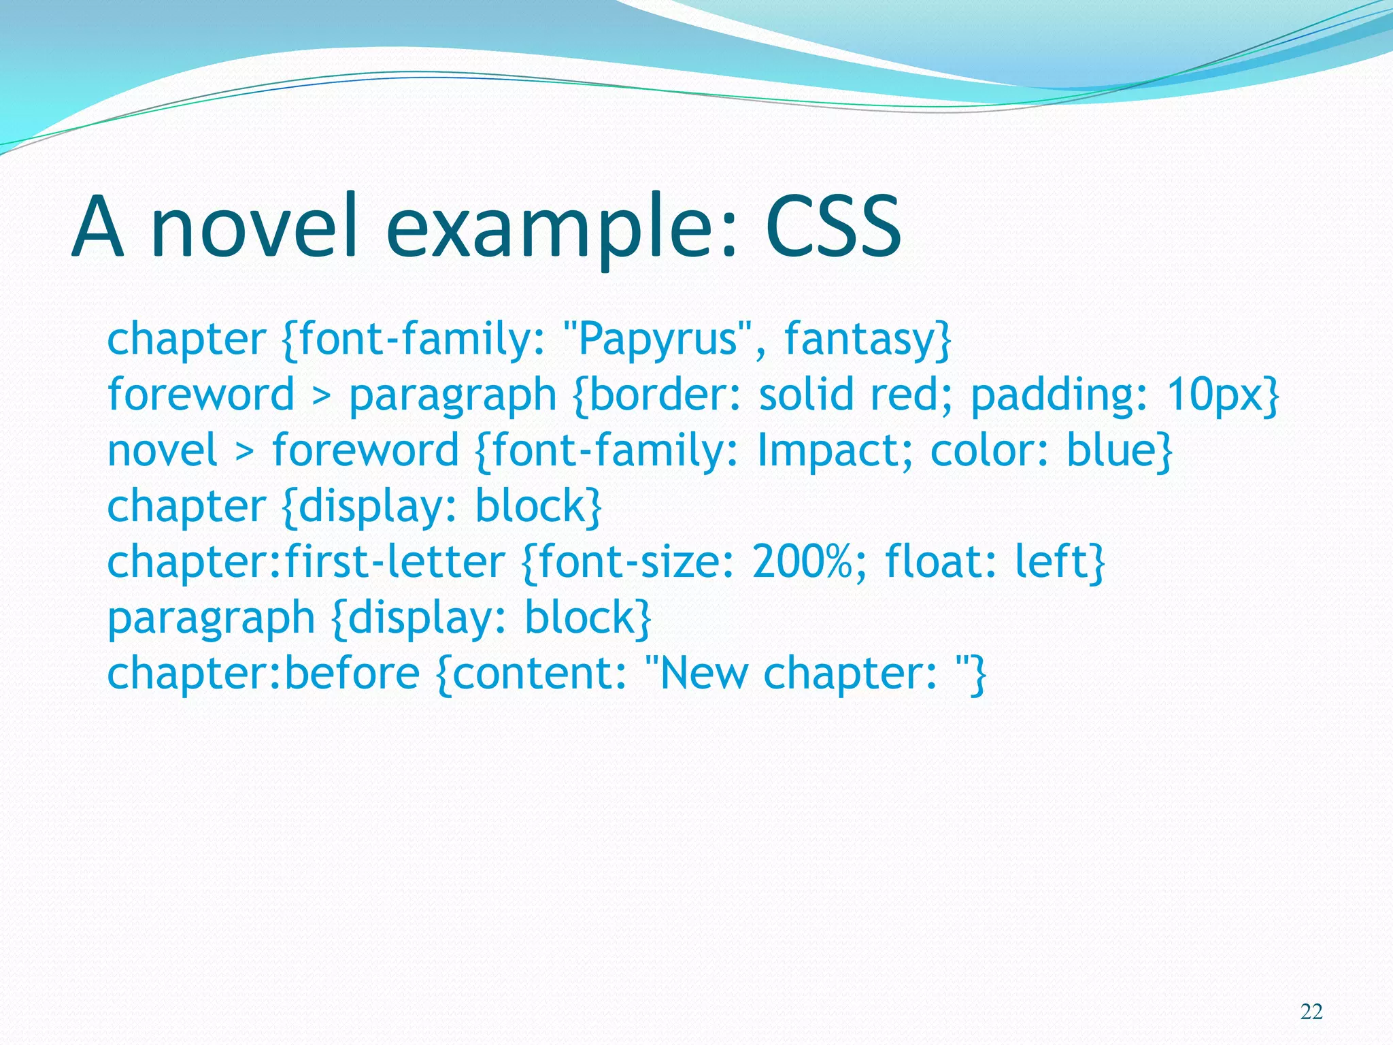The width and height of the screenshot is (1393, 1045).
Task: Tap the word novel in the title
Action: (x=254, y=227)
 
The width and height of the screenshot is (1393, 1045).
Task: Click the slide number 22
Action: (x=1311, y=1012)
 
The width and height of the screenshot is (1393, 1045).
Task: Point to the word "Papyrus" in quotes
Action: (x=658, y=339)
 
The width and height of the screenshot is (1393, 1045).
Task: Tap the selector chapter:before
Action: (x=263, y=674)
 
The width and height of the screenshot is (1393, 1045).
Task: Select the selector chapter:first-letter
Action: (x=306, y=562)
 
